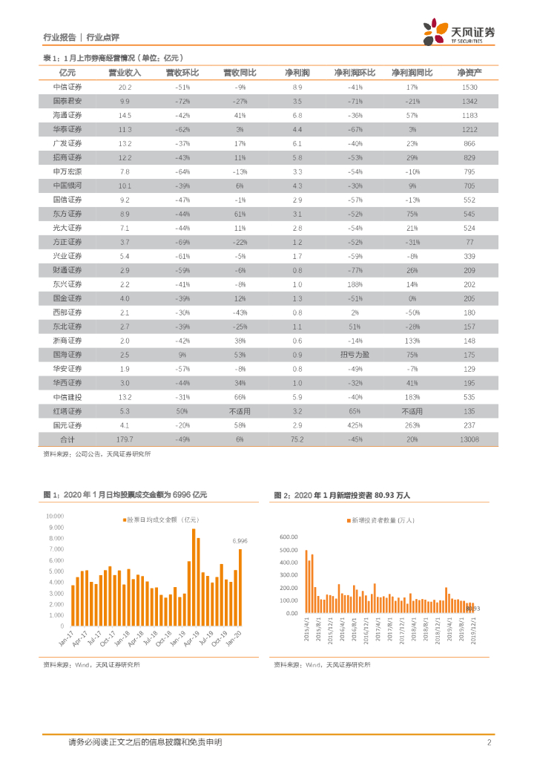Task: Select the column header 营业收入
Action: [x=125, y=73]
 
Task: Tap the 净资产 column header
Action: [x=469, y=73]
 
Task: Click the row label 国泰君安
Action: [x=67, y=101]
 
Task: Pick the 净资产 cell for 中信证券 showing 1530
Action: [x=469, y=87]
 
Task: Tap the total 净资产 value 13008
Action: [x=469, y=439]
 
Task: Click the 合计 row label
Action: [x=67, y=439]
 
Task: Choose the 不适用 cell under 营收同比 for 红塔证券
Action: [x=240, y=410]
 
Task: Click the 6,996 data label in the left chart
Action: [x=240, y=541]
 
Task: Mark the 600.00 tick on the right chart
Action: [x=288, y=536]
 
